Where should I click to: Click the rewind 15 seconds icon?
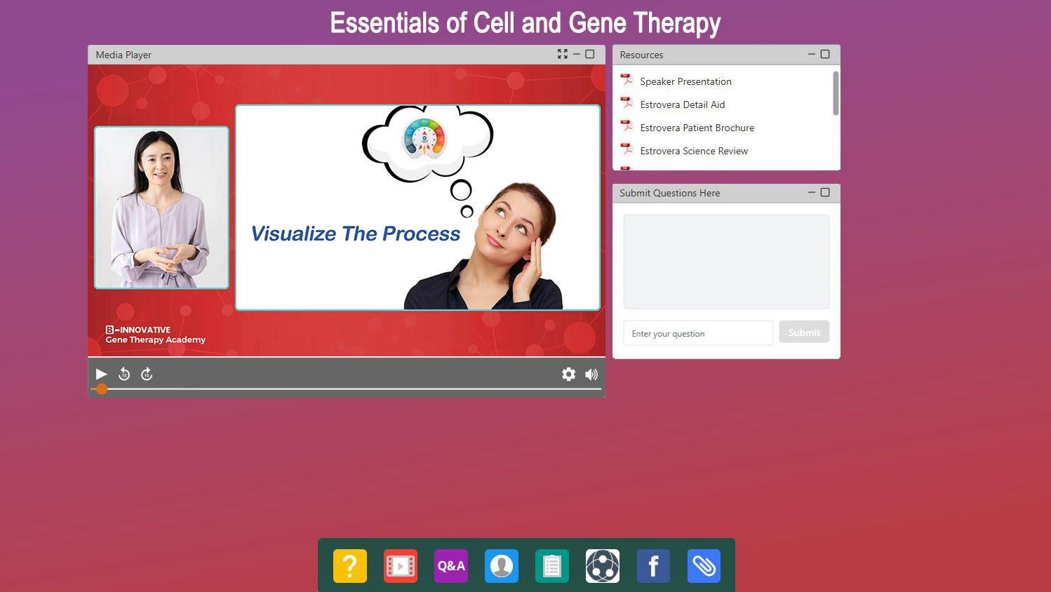pyautogui.click(x=124, y=374)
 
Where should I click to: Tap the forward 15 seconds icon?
pyautogui.click(x=147, y=374)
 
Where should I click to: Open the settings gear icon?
pyautogui.click(x=569, y=374)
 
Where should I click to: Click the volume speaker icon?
pyautogui.click(x=591, y=375)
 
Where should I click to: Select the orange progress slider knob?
pyautogui.click(x=102, y=389)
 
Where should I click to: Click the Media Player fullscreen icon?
pyautogui.click(x=563, y=54)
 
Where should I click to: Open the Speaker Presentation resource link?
pyautogui.click(x=685, y=81)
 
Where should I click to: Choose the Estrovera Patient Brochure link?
pyautogui.click(x=697, y=128)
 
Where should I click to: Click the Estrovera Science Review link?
pyautogui.click(x=694, y=151)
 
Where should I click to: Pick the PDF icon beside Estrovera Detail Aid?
pyautogui.click(x=627, y=102)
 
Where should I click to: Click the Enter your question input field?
pyautogui.click(x=698, y=334)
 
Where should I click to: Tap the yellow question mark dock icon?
pyautogui.click(x=350, y=566)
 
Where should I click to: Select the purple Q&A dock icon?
pyautogui.click(x=451, y=566)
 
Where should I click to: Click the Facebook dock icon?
pyautogui.click(x=653, y=566)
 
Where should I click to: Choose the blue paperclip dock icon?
pyautogui.click(x=704, y=566)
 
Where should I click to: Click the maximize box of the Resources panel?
pyautogui.click(x=825, y=54)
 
